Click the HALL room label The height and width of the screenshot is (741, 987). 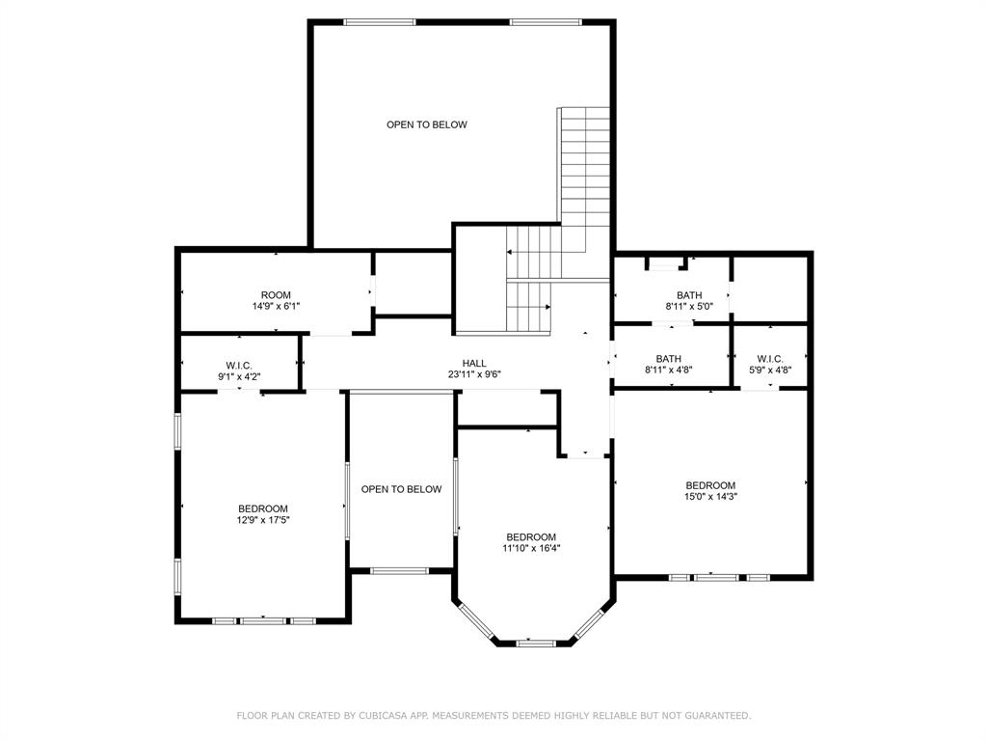point(473,364)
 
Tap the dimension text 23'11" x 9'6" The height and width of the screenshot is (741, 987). point(473,374)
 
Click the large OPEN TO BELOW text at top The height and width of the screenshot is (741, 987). point(427,124)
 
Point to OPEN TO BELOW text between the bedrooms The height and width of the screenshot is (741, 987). point(401,489)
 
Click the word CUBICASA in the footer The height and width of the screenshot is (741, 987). point(382,716)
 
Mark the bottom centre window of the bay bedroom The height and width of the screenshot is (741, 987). point(535,643)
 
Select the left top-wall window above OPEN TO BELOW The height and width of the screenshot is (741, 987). point(380,22)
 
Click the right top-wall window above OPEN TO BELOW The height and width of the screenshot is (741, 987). point(547,22)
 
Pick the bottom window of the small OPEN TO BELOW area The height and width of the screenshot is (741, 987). point(400,571)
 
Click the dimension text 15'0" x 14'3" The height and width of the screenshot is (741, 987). point(710,497)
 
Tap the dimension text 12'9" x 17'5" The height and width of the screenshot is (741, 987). point(263,520)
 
